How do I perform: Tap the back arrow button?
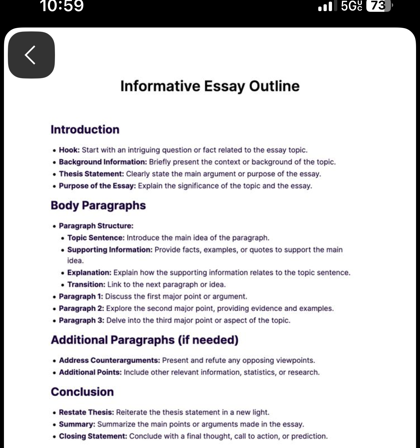click(x=31, y=55)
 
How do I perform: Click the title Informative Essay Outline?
click(x=210, y=86)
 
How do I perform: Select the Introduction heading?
click(x=85, y=130)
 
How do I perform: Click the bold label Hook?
click(x=69, y=150)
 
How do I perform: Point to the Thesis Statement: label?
click(x=91, y=174)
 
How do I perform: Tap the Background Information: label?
click(x=103, y=162)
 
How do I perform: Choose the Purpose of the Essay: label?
click(x=97, y=186)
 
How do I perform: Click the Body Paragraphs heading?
click(x=98, y=206)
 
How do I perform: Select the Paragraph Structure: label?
click(x=96, y=226)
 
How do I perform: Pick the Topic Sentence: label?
click(x=96, y=238)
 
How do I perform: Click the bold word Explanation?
click(x=89, y=273)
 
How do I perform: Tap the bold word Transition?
click(x=86, y=285)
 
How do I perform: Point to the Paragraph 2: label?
click(x=81, y=309)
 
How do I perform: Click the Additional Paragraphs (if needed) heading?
click(x=145, y=340)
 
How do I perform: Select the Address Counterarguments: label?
click(x=109, y=361)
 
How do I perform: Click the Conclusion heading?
click(x=82, y=392)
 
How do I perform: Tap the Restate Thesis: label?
click(x=86, y=412)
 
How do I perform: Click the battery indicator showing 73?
click(x=378, y=6)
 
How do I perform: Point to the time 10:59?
click(x=62, y=6)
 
